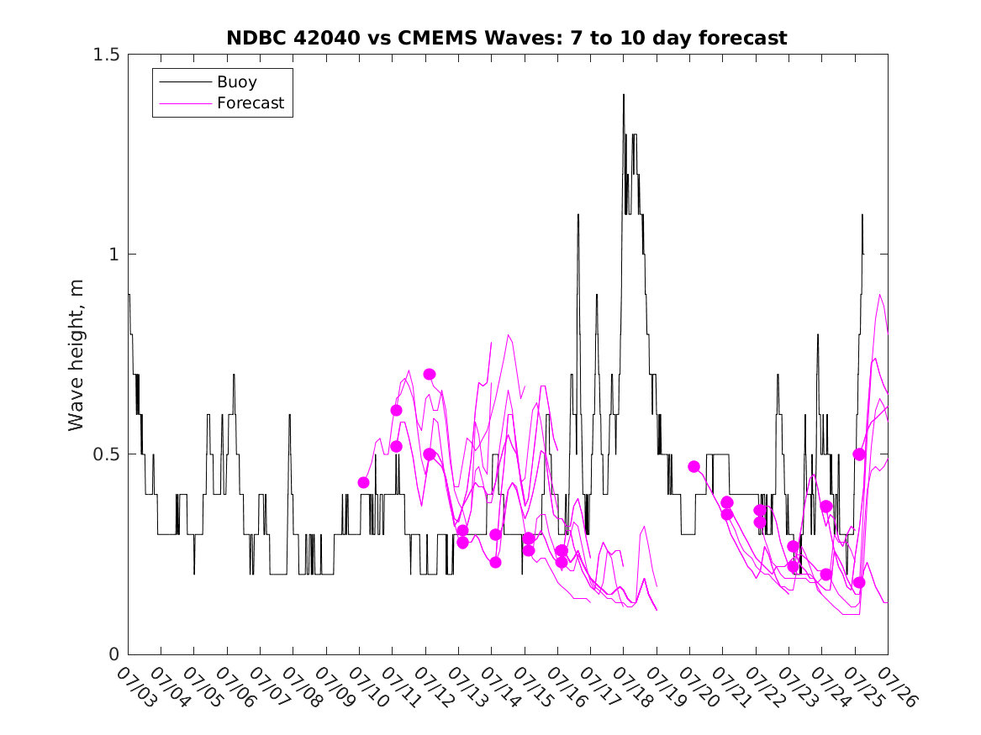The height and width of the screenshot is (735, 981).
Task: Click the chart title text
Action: (507, 38)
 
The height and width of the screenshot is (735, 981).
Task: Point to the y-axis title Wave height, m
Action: (76, 355)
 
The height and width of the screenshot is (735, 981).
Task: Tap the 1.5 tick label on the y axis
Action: (107, 55)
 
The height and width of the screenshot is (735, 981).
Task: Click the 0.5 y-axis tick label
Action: (107, 454)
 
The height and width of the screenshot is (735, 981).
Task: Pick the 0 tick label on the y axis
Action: (113, 654)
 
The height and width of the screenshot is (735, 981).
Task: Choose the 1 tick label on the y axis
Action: (113, 255)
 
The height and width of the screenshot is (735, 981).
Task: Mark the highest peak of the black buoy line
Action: (623, 94)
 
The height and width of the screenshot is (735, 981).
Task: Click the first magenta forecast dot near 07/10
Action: (363, 482)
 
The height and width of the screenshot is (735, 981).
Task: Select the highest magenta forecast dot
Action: (430, 375)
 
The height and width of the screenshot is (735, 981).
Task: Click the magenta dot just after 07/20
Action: (694, 467)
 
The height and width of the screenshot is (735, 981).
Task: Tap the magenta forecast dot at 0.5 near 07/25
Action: (859, 454)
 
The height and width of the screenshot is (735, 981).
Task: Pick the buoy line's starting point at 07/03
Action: (129, 294)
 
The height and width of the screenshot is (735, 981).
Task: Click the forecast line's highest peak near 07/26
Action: (880, 294)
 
